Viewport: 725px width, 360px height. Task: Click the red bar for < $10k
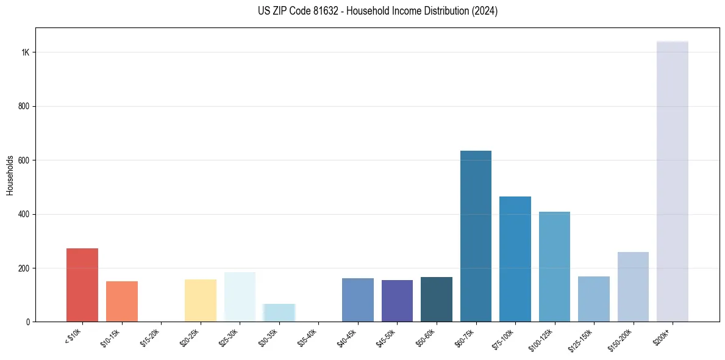click(x=82, y=285)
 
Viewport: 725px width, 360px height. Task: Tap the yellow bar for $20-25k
click(x=201, y=300)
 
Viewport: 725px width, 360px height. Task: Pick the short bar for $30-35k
click(x=279, y=312)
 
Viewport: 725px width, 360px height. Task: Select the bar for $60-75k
click(x=476, y=236)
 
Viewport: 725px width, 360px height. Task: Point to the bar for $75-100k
click(x=515, y=259)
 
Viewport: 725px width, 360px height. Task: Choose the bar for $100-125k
click(x=554, y=267)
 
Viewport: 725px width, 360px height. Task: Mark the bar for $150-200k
click(x=633, y=287)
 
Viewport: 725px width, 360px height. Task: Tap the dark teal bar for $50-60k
click(x=437, y=299)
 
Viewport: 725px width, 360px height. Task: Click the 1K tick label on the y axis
click(x=25, y=52)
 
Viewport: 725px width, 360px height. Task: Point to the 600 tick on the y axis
click(x=24, y=160)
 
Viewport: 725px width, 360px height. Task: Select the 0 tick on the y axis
click(x=28, y=322)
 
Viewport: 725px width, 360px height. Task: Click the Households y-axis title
click(x=10, y=175)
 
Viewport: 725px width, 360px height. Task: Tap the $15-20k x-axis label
click(x=151, y=337)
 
